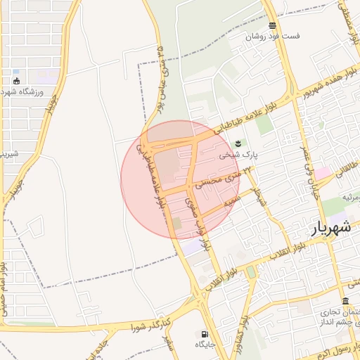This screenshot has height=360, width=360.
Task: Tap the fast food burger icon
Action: (272, 25)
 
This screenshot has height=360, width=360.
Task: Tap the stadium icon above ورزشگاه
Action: (16, 81)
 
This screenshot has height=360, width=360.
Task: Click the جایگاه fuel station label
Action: (205, 345)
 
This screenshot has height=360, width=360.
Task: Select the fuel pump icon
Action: (205, 334)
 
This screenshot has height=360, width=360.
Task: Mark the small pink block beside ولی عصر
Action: (322, 172)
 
